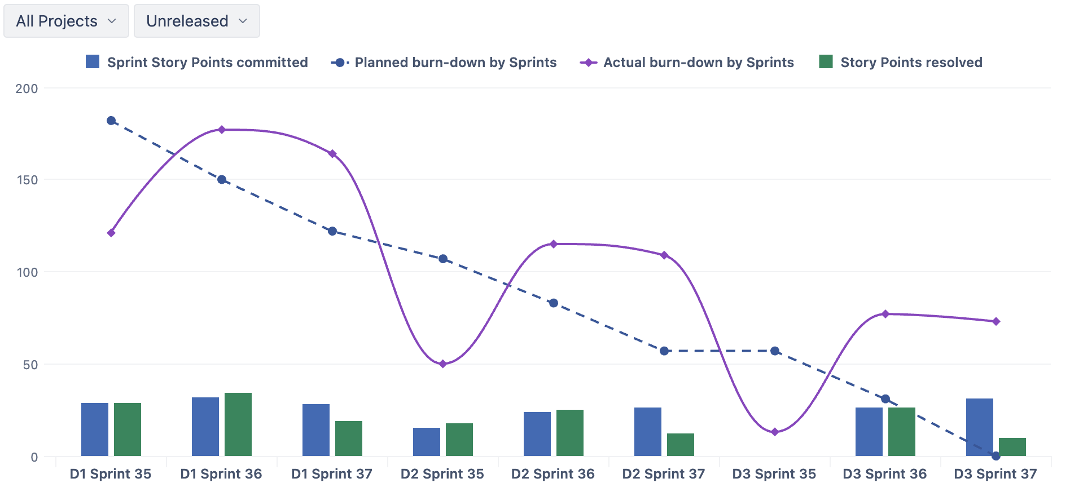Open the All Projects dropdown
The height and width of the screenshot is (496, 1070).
66,21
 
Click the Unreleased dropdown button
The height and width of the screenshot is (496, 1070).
196,21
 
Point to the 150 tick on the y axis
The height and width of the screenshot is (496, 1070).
27,180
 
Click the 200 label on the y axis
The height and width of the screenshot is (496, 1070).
27,88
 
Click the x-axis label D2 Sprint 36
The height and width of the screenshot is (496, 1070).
553,474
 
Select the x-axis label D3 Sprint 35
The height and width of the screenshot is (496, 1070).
774,474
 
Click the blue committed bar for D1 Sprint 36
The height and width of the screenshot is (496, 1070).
205,427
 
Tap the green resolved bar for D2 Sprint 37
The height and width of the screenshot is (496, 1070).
681,445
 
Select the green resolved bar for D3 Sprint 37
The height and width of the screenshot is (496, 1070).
1012,447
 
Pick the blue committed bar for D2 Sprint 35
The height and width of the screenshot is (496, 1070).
427,442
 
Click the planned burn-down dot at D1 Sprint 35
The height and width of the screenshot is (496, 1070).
111,121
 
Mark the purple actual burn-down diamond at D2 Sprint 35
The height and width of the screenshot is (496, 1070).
443,364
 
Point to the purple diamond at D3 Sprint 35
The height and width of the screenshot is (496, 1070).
775,432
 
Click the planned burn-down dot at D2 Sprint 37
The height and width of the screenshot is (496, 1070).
664,351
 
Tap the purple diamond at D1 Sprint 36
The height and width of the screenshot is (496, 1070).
222,130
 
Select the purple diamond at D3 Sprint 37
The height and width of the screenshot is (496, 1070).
996,322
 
